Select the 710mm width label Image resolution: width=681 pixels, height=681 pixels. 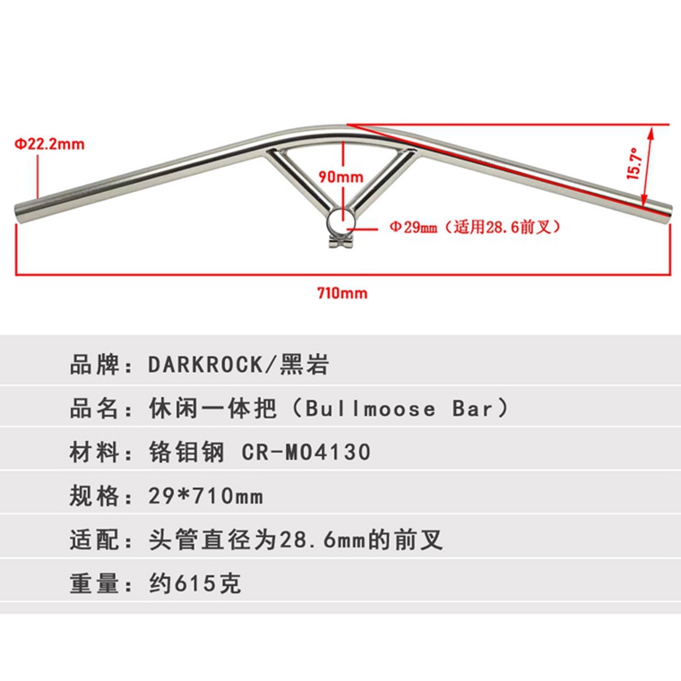[342, 292]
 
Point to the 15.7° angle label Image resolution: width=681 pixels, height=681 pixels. [634, 164]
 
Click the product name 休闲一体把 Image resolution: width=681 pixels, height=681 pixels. [205, 409]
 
